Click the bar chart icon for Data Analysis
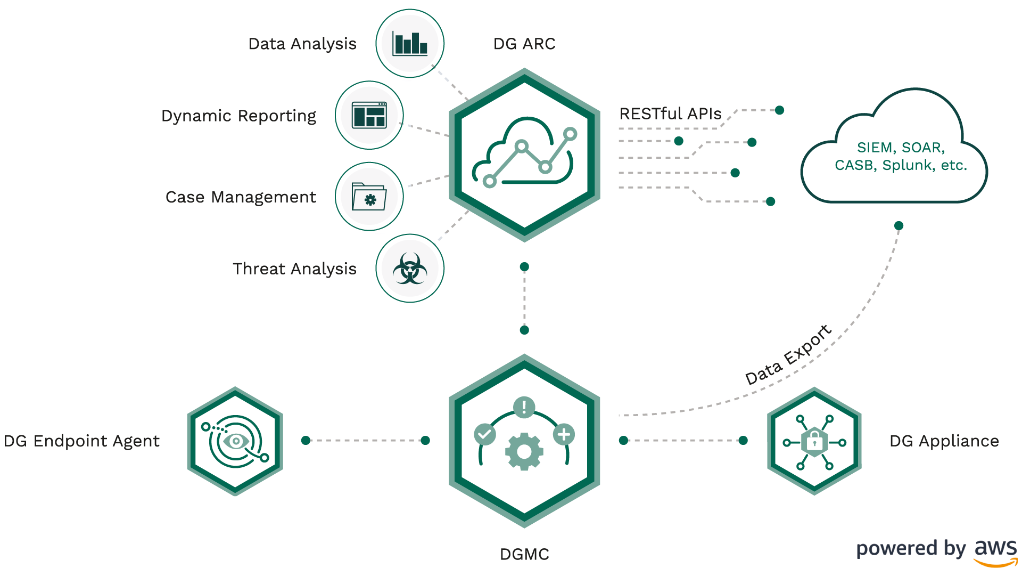[x=410, y=43]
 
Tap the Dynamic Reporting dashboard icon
[x=369, y=115]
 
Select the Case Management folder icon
[x=369, y=197]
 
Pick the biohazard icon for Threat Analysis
[x=409, y=268]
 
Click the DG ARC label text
[x=524, y=44]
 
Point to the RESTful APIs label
[x=670, y=113]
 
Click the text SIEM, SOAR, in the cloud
[x=901, y=147]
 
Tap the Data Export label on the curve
[x=788, y=354]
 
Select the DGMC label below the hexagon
[x=524, y=554]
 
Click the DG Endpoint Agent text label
[x=81, y=441]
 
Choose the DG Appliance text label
[x=944, y=441]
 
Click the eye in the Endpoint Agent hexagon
[x=235, y=441]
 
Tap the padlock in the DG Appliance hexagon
[x=814, y=441]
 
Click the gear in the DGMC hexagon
[x=524, y=452]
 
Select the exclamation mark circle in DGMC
[x=524, y=408]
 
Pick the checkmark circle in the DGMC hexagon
[x=484, y=434]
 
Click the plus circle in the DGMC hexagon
[x=564, y=434]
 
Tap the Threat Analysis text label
[x=294, y=269]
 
